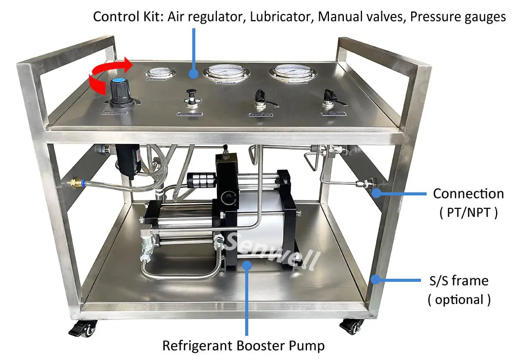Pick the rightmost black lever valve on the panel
(327, 97)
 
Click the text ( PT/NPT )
(468, 212)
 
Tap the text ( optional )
(459, 299)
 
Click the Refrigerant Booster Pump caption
(243, 346)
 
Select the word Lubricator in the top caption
(276, 16)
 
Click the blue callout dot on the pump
(247, 264)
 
